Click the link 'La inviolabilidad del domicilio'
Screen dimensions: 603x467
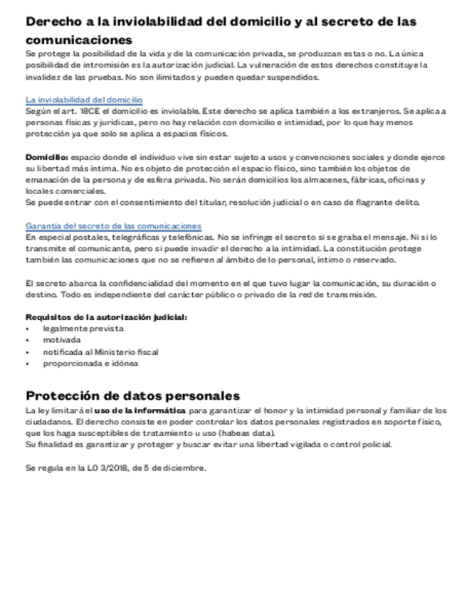pos(84,100)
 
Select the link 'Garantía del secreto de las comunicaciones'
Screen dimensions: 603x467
pos(113,225)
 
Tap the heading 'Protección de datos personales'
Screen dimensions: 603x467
pos(132,395)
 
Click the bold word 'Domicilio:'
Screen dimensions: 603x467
pos(47,156)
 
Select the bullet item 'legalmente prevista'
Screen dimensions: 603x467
pos(83,329)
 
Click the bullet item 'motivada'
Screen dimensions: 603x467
pos(62,340)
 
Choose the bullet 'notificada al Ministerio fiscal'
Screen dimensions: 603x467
pos(100,351)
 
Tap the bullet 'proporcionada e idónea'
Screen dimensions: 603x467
pos(90,363)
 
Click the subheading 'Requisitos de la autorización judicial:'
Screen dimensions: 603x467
pos(106,317)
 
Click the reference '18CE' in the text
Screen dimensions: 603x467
pos(90,112)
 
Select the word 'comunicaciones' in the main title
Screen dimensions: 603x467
pos(79,39)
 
